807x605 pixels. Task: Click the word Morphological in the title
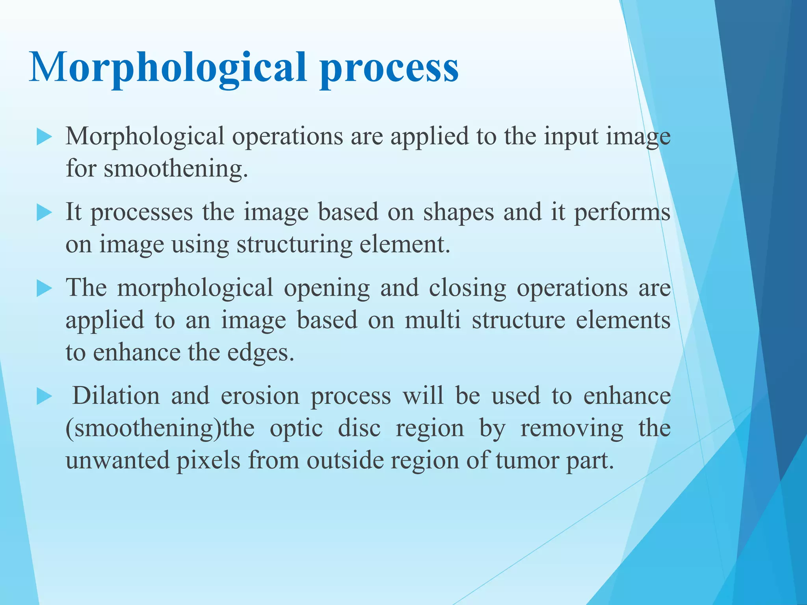click(x=167, y=68)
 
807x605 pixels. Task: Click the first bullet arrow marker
click(x=44, y=137)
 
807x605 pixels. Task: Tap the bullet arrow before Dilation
click(x=44, y=397)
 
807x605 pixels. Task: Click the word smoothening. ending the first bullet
click(x=176, y=169)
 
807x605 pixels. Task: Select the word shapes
click(x=458, y=212)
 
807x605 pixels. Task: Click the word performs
click(x=622, y=212)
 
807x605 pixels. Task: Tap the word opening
click(x=327, y=288)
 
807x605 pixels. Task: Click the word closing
click(x=467, y=288)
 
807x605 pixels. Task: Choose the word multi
click(x=433, y=320)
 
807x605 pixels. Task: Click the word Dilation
click(x=116, y=395)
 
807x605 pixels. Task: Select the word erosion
click(x=260, y=395)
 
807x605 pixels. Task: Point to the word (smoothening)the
click(x=160, y=428)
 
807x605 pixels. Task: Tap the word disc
click(x=359, y=428)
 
